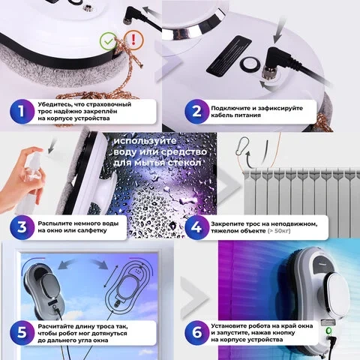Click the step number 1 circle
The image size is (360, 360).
pos(22,112)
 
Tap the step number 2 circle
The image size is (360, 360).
pos(196,112)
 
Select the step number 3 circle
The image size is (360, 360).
pos(22,227)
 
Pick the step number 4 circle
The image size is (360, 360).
pos(196,227)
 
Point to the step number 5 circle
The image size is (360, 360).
pos(22,333)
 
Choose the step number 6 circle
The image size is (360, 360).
pos(196,333)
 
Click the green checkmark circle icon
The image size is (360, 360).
pos(108,41)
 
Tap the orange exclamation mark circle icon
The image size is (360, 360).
pos(133,40)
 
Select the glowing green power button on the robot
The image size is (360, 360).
pos(329,331)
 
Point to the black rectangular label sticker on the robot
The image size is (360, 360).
pos(229,55)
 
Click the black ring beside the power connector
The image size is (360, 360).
pos(250,64)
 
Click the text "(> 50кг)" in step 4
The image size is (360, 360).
pos(279,231)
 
